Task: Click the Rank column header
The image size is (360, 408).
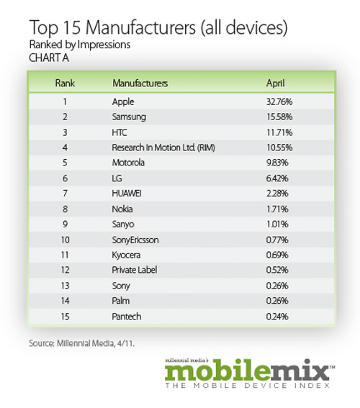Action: (65, 83)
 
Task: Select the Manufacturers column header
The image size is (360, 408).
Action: (140, 83)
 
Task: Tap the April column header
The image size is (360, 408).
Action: (276, 83)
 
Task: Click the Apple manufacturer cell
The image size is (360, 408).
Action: (123, 101)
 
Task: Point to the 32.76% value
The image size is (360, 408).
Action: (279, 101)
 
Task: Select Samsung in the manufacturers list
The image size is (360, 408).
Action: (129, 117)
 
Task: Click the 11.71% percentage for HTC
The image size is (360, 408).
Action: (279, 132)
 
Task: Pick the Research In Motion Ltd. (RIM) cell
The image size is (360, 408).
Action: (163, 148)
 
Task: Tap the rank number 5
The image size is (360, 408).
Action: (65, 163)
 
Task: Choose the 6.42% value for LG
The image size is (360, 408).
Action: (277, 178)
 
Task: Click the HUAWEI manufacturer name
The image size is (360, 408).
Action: (127, 194)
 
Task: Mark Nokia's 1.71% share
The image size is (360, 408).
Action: (277, 209)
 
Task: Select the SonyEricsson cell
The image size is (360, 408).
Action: (135, 240)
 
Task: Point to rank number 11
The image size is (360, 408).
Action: (65, 255)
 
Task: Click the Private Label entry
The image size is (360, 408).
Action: (135, 270)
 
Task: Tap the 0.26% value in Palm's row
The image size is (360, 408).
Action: (277, 301)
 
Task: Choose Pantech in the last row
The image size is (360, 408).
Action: (127, 317)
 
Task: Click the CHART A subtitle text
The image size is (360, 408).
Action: (49, 58)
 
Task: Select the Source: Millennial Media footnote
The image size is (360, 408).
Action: (82, 343)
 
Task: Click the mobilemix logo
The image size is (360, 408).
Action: (250, 373)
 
